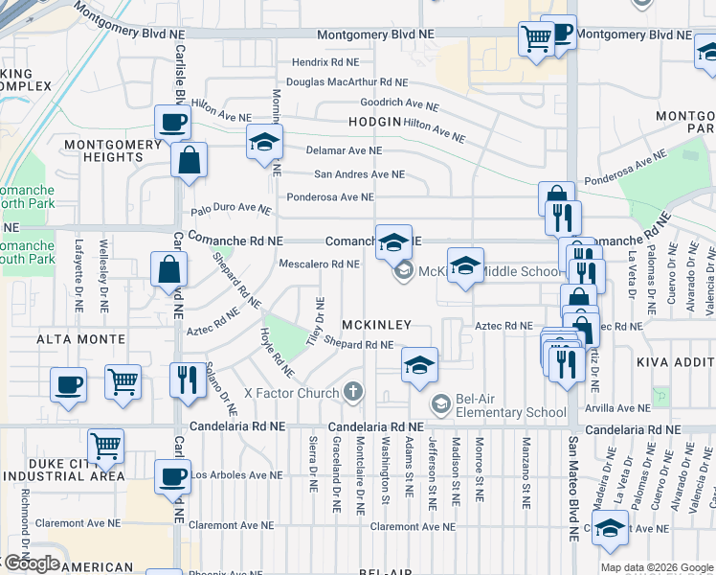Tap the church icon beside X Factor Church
coord(353,391)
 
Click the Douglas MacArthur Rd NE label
coord(346,82)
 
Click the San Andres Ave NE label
coord(359,174)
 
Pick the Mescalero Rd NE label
coord(319,264)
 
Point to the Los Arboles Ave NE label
coord(236,474)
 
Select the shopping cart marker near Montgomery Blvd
coord(536,39)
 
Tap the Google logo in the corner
coord(31,563)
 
